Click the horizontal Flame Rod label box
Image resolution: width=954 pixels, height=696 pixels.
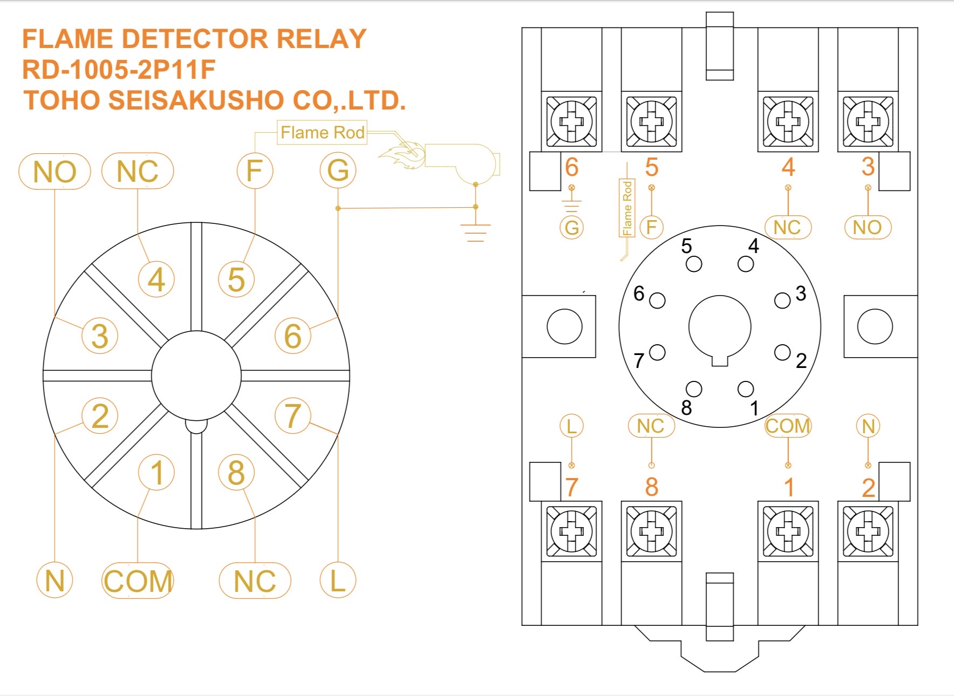point(322,132)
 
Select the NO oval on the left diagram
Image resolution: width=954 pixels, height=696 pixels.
point(54,172)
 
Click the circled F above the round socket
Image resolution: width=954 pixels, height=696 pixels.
point(255,171)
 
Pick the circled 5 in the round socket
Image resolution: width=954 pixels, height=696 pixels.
point(236,279)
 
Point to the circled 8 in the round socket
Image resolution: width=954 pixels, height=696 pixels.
point(236,473)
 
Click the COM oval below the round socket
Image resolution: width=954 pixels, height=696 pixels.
point(138,581)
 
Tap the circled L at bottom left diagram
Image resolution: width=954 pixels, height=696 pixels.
point(338,581)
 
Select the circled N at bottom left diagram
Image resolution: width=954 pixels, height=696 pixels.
point(54,581)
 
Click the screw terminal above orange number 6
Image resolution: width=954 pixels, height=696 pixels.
point(571,121)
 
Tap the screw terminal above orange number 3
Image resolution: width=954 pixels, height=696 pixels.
point(868,121)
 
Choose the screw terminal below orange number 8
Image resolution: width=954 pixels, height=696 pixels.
point(651,531)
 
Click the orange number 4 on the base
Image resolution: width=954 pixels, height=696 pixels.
point(788,167)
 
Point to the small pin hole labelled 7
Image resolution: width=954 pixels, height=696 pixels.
point(657,352)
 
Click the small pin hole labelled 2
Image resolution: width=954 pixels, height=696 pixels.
point(782,352)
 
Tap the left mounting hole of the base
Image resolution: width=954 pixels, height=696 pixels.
point(564,326)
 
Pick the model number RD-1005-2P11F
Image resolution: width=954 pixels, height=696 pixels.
point(119,69)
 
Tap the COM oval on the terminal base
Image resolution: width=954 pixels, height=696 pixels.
point(788,426)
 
